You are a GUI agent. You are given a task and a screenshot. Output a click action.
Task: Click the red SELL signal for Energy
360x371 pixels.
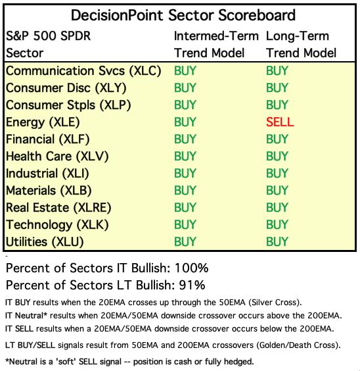click(280, 122)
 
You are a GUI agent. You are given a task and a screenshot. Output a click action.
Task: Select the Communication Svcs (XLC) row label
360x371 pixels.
click(83, 71)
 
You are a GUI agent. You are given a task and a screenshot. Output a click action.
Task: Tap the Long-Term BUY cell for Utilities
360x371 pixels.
click(277, 241)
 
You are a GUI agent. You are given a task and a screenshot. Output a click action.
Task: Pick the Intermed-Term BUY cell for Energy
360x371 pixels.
click(185, 122)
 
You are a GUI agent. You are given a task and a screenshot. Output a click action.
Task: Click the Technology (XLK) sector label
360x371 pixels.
click(57, 225)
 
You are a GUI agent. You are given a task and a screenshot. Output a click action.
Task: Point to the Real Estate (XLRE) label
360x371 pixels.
click(58, 207)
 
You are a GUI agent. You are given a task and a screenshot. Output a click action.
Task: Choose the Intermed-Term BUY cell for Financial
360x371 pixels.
click(185, 139)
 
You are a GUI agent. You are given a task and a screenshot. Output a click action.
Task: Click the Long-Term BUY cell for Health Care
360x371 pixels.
click(277, 156)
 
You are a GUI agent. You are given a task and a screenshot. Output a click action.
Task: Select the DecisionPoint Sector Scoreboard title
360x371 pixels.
click(183, 15)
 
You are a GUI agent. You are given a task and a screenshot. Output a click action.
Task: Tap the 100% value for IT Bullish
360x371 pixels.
click(192, 268)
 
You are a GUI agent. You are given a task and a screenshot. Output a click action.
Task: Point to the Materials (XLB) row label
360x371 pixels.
click(49, 191)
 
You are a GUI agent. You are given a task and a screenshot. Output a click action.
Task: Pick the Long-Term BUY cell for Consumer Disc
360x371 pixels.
click(277, 87)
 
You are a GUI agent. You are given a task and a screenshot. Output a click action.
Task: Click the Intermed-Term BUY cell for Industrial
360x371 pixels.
click(185, 173)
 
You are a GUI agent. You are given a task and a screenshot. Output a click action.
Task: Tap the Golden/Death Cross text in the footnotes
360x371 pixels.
click(298, 345)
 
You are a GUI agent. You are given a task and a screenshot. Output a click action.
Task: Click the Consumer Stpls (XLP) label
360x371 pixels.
click(68, 105)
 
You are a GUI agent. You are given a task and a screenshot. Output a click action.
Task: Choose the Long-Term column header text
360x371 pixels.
click(298, 36)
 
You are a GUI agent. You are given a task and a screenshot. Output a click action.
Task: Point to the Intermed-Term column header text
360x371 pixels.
click(216, 36)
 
